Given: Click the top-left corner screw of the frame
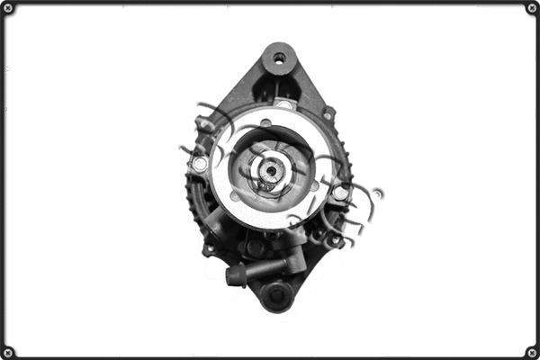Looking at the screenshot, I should (8, 8).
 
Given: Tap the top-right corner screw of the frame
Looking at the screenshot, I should (531, 8).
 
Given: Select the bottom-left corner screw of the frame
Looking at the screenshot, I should (8, 351).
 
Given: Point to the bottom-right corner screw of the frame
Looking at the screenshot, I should (531, 351).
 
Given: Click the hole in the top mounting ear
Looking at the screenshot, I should (279, 58).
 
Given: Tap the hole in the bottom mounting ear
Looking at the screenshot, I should (276, 293).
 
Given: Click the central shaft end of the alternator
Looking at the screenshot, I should (271, 169).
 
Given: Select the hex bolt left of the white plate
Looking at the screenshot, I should (200, 165).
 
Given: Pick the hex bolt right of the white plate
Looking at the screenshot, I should (340, 193).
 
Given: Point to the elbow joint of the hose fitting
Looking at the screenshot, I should (292, 263).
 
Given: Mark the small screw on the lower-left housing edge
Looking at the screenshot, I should (209, 248).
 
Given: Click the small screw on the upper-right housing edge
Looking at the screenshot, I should (329, 113).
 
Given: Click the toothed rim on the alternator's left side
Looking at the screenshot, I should (191, 193).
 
